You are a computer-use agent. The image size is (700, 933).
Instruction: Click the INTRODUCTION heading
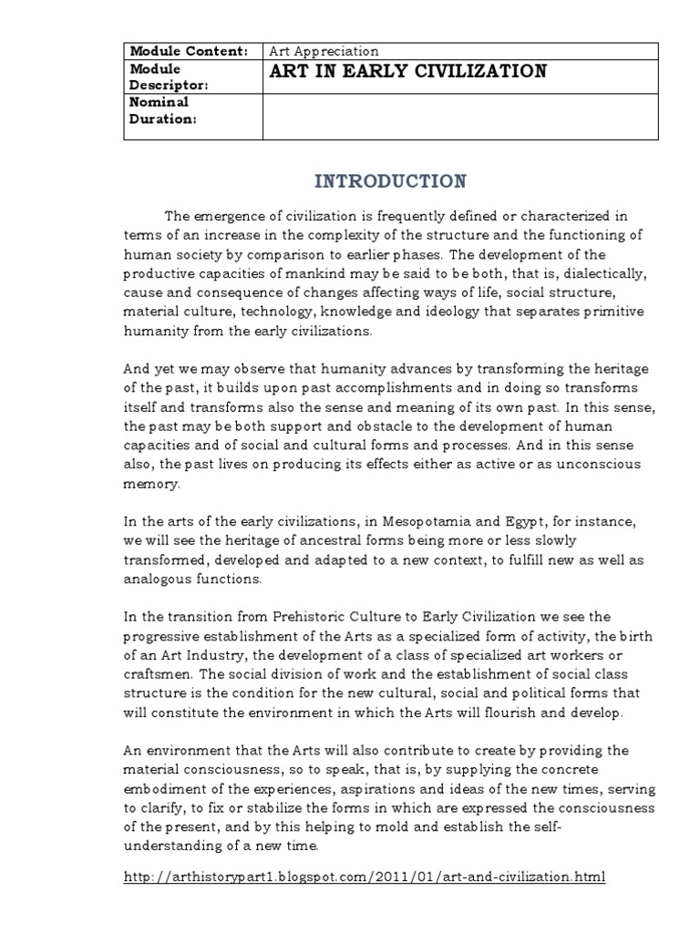coord(390,181)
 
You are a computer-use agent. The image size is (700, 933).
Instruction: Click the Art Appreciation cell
coord(324,51)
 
